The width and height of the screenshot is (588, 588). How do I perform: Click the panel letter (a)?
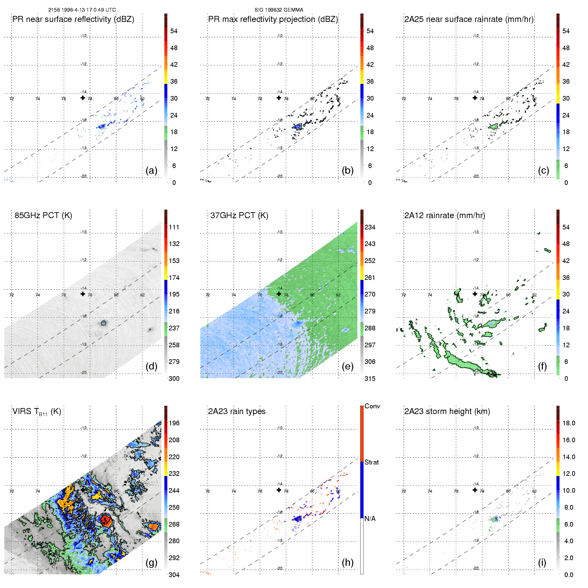click(151, 171)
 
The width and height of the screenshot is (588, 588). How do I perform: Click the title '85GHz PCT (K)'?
click(43, 215)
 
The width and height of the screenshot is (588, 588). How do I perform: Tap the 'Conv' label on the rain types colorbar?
click(372, 406)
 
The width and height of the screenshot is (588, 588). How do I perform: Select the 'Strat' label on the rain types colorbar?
click(372, 462)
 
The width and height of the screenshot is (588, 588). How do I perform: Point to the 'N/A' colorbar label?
click(370, 519)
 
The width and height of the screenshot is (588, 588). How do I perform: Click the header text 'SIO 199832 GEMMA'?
click(279, 10)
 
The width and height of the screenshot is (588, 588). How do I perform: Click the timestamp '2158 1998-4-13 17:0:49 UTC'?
click(82, 10)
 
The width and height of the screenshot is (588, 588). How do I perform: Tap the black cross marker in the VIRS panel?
click(83, 490)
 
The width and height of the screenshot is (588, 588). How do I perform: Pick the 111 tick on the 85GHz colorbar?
click(174, 227)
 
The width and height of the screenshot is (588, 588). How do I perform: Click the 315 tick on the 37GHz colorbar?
click(370, 378)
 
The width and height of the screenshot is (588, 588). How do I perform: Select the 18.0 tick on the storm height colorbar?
click(569, 423)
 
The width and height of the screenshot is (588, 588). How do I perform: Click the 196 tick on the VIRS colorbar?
click(174, 423)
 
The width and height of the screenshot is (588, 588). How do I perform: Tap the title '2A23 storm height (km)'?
click(447, 411)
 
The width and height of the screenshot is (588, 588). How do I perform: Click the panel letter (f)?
click(542, 367)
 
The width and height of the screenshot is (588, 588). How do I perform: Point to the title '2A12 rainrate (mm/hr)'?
click(445, 215)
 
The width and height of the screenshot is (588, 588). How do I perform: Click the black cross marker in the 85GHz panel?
click(83, 294)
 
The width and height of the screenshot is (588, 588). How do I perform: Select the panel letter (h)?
click(347, 562)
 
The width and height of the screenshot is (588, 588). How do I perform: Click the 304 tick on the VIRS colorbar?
click(174, 575)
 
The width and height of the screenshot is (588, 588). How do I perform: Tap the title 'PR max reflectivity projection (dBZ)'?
click(273, 19)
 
